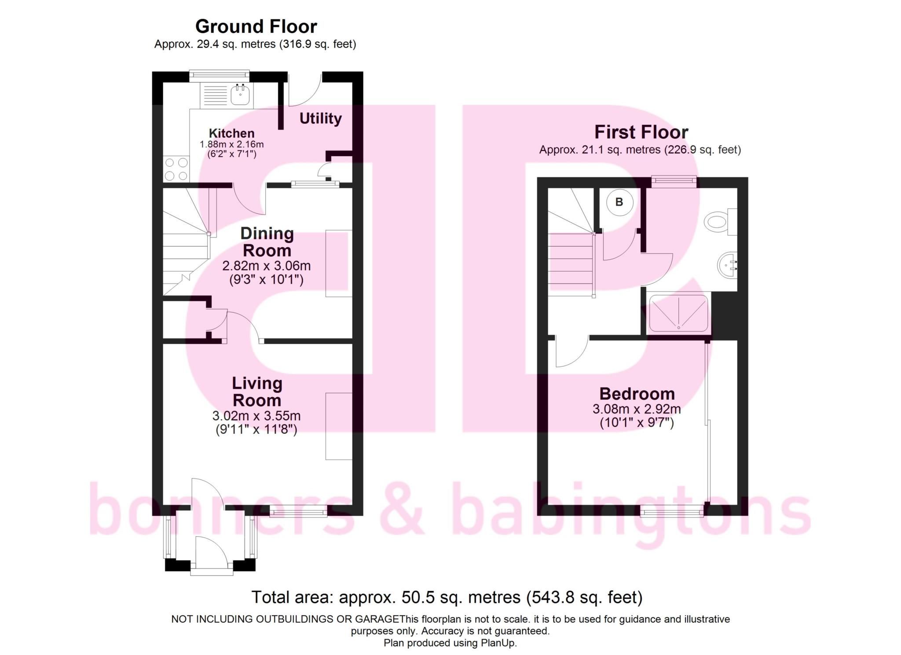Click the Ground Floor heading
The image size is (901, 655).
pyautogui.click(x=256, y=26)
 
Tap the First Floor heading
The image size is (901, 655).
pyautogui.click(x=641, y=132)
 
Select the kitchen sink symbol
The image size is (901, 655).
pyautogui.click(x=240, y=94)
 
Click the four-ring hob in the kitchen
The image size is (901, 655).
pyautogui.click(x=176, y=169)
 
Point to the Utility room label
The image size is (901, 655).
pyautogui.click(x=320, y=118)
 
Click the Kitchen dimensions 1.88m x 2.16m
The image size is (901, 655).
pyautogui.click(x=231, y=144)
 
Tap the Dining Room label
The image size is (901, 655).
pyautogui.click(x=267, y=242)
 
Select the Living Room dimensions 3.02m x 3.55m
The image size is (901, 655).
pyautogui.click(x=256, y=416)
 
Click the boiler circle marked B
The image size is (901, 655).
pyautogui.click(x=619, y=202)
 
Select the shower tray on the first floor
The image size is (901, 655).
pyautogui.click(x=678, y=313)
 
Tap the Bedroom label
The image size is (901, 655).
pyautogui.click(x=637, y=393)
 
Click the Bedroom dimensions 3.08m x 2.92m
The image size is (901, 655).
pyautogui.click(x=637, y=409)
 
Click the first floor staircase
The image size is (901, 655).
pyautogui.click(x=571, y=251)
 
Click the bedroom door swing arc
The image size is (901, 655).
pyautogui.click(x=571, y=352)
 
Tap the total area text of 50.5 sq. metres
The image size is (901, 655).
pyautogui.click(x=447, y=597)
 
